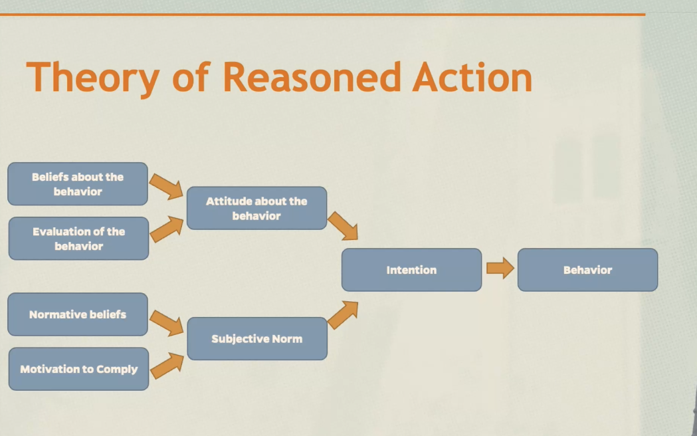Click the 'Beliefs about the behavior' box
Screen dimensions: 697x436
pyautogui.click(x=78, y=184)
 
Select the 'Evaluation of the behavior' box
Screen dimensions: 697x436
pyautogui.click(x=78, y=239)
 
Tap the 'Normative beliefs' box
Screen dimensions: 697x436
pyautogui.click(x=78, y=314)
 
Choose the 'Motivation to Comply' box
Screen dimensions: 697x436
pyautogui.click(x=78, y=369)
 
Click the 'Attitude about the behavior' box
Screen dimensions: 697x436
pyautogui.click(x=256, y=208)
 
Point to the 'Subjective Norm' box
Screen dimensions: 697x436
pyautogui.click(x=256, y=339)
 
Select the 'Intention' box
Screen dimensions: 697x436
pyautogui.click(x=411, y=270)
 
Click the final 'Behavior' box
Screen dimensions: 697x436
pyautogui.click(x=587, y=270)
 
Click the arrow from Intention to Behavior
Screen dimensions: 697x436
pyautogui.click(x=500, y=268)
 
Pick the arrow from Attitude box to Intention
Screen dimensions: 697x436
pyautogui.click(x=344, y=226)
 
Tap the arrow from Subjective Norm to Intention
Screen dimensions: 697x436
pyautogui.click(x=343, y=314)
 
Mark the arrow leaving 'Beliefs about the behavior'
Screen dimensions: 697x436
pyautogui.click(x=166, y=187)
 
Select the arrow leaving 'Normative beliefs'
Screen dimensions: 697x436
pyautogui.click(x=166, y=323)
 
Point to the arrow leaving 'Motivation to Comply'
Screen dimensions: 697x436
pyautogui.click(x=166, y=365)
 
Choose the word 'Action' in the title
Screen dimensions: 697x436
pyautogui.click(x=472, y=77)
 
